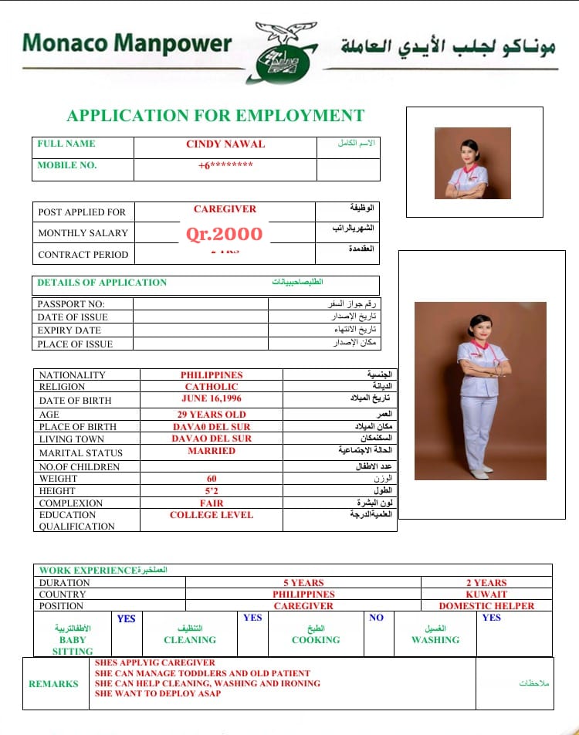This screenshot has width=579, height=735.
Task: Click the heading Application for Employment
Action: pos(215,116)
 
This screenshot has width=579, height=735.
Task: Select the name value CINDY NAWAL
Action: pos(225,144)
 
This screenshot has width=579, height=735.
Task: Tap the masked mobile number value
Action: pos(225,165)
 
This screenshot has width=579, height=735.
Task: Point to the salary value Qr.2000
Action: pos(225,234)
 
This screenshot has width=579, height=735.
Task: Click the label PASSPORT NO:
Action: pos(71,304)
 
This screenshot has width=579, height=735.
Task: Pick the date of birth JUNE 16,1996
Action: pos(212,400)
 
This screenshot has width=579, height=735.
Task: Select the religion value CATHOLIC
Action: pos(212,387)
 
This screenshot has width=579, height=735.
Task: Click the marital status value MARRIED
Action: pos(212,451)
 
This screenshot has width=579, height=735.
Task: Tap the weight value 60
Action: pos(212,479)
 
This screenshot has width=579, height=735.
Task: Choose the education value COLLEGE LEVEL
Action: pos(212,515)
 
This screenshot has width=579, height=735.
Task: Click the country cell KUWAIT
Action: pos(486,594)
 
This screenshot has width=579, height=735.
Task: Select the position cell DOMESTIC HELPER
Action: pos(486,606)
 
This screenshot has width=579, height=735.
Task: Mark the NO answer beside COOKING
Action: pos(376,618)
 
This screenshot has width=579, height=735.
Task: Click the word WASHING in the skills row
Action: pos(435,640)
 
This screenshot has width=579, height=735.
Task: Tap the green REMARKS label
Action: pos(53,684)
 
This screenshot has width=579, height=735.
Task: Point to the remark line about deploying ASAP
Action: pos(157,693)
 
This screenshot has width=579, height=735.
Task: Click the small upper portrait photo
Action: pos(472,163)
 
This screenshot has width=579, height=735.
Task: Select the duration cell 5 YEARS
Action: pos(303,583)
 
